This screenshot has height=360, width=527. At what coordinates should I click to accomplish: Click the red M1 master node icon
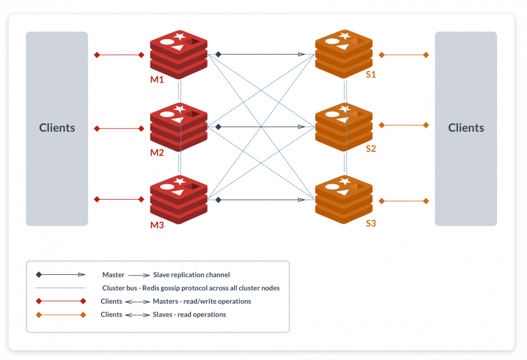(179, 54)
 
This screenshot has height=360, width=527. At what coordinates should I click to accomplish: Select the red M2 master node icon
(179, 127)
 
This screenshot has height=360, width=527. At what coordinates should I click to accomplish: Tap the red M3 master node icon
(179, 199)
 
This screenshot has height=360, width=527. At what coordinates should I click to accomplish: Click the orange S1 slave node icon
(343, 54)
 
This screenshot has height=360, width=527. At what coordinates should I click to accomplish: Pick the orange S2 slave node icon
(343, 127)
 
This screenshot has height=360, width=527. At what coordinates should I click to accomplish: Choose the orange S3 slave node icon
(343, 199)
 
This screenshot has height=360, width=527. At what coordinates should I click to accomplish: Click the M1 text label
(157, 80)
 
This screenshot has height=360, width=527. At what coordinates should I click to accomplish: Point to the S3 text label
(370, 223)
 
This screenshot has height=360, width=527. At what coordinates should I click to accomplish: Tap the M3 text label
(157, 225)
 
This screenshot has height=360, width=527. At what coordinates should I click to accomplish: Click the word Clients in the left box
(57, 128)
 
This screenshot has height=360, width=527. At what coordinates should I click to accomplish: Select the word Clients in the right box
(466, 128)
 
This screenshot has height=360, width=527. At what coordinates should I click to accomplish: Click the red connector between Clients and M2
(119, 129)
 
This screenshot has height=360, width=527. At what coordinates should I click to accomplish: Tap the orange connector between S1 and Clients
(403, 55)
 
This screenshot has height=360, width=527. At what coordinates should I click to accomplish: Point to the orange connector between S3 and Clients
(403, 201)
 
